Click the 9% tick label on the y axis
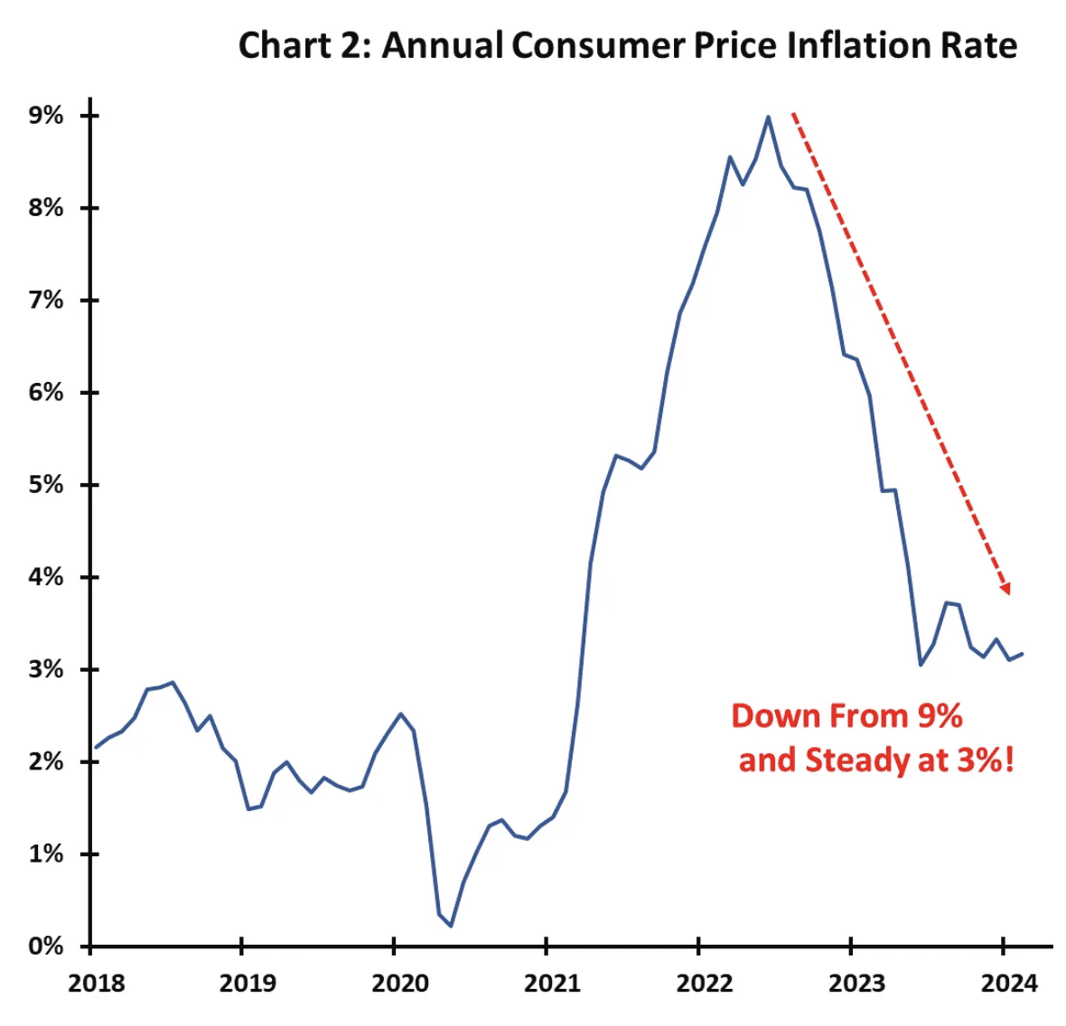46,116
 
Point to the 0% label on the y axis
46,947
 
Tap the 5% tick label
46,485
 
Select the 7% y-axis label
46,300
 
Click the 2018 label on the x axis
96,983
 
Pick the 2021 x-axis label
552,983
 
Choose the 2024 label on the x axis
1009,983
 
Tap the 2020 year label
400,983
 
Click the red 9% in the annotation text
940,716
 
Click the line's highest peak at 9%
768,117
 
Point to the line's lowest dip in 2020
451,926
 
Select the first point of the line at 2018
96,748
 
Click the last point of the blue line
1022,654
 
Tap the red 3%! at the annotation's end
986,760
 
